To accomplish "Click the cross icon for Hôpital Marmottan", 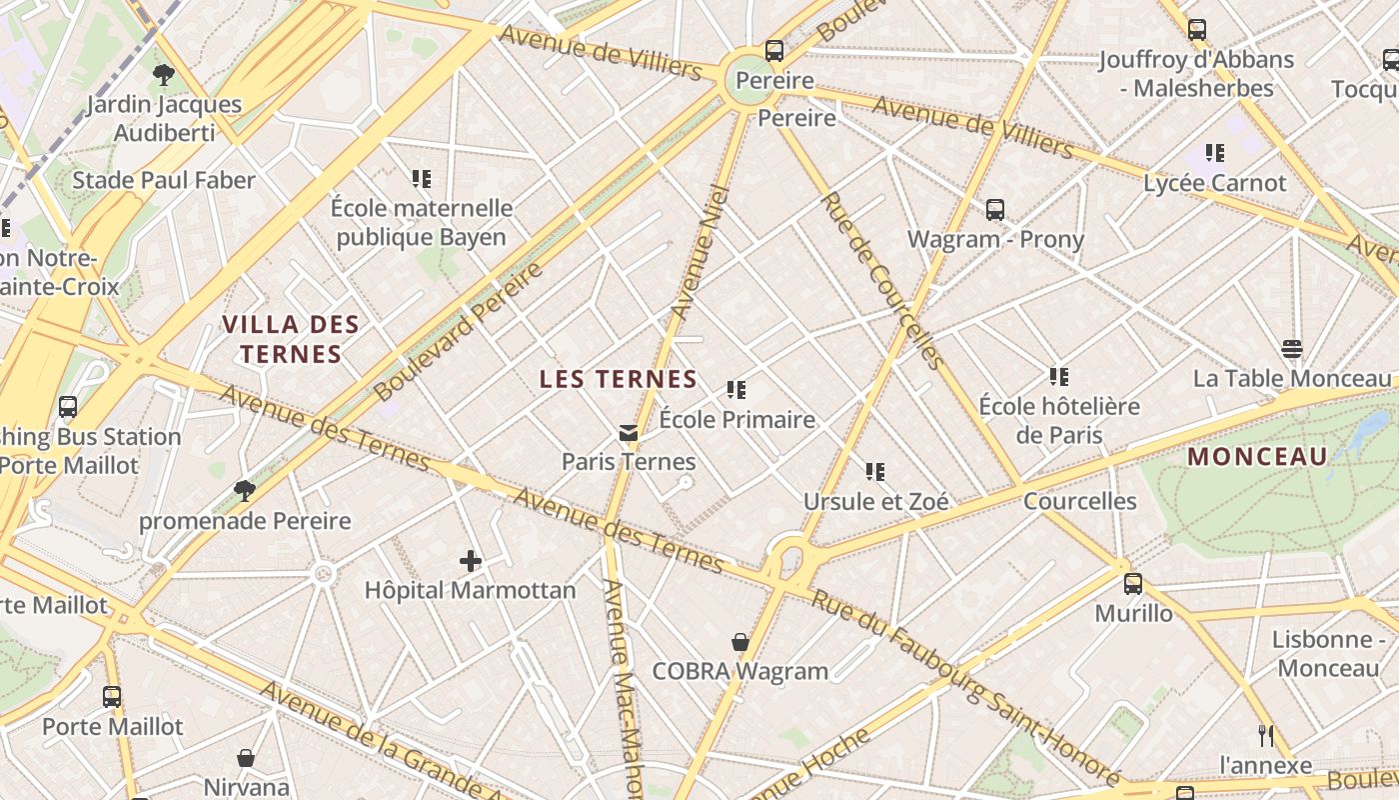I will [x=470, y=561].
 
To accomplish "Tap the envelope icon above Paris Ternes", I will [x=628, y=433].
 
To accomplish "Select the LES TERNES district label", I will [x=618, y=379].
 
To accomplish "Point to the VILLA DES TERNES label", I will [x=291, y=339].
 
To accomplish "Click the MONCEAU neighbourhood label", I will [x=1257, y=457].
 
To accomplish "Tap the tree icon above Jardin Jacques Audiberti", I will [x=164, y=74].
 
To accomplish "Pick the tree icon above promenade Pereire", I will [x=245, y=490].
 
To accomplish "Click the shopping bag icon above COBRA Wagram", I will [x=740, y=642].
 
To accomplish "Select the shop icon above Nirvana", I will [x=246, y=759].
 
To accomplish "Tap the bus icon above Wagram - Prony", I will [x=995, y=210].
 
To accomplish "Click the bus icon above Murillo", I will [x=1133, y=584].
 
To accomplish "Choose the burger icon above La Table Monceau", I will [x=1292, y=349].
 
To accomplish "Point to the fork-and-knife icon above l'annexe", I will [x=1266, y=736].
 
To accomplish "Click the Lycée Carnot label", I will [x=1215, y=183].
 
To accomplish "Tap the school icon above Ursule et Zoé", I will [x=875, y=471].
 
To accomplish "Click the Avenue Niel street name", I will [x=698, y=253].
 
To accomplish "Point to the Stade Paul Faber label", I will [x=164, y=180].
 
